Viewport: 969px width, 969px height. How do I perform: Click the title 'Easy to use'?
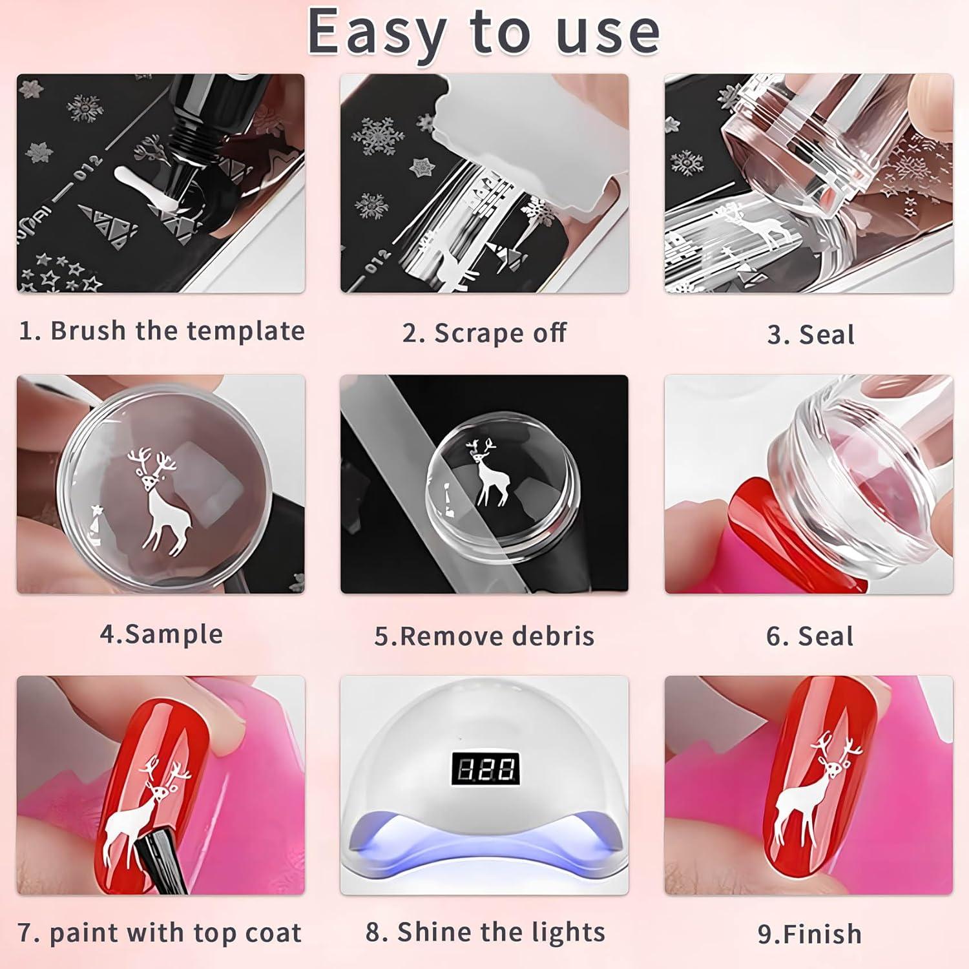pyautogui.click(x=483, y=32)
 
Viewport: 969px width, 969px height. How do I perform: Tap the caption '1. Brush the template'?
pyautogui.click(x=161, y=331)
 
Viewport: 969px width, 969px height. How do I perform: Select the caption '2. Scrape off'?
pyautogui.click(x=484, y=333)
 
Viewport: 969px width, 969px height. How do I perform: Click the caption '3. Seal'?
pyautogui.click(x=810, y=335)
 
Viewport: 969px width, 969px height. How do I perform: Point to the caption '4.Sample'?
pyautogui.click(x=161, y=634)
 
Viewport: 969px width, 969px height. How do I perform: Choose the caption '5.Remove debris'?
pyautogui.click(x=484, y=636)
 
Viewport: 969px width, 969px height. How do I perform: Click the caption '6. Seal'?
pyautogui.click(x=809, y=636)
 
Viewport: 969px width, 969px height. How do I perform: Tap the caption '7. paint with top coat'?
pyautogui.click(x=160, y=933)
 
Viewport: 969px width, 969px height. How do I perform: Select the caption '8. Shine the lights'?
pyautogui.click(x=485, y=932)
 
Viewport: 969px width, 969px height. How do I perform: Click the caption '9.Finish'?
pyautogui.click(x=809, y=934)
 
